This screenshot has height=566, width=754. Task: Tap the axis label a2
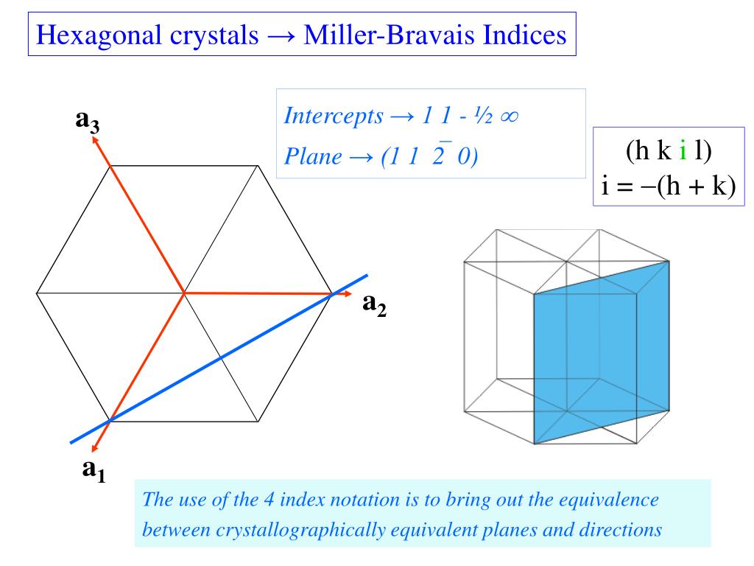click(x=374, y=304)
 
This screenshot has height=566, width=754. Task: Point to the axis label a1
click(x=93, y=469)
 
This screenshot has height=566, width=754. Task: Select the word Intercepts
click(x=334, y=116)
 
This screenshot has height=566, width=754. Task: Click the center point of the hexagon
click(x=183, y=293)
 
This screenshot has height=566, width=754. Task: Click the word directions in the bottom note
click(x=621, y=529)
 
